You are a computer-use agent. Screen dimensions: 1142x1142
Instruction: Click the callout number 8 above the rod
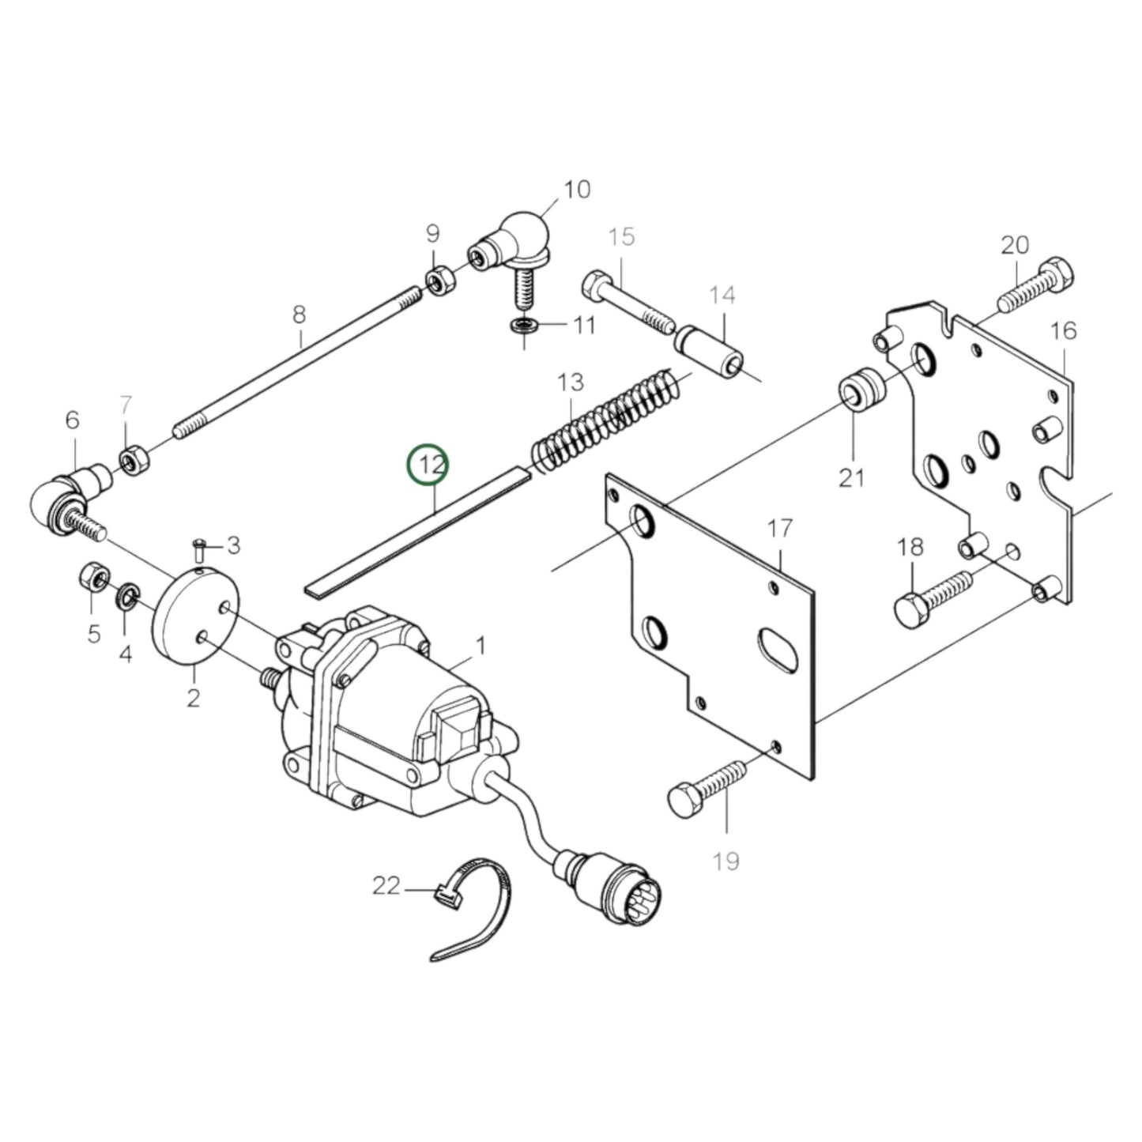pos(299,315)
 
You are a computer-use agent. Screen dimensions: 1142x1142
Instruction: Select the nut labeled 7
pos(130,457)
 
